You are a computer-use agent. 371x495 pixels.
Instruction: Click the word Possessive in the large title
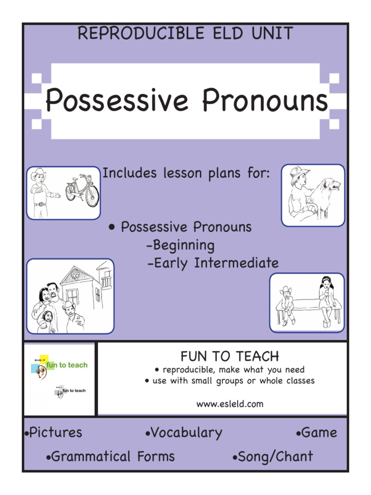click(x=116, y=101)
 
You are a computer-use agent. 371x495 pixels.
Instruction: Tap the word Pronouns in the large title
click(x=265, y=101)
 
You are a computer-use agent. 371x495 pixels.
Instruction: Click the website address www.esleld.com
click(x=229, y=404)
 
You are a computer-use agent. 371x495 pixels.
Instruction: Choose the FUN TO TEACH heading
click(x=229, y=357)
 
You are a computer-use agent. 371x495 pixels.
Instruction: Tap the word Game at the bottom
click(x=319, y=433)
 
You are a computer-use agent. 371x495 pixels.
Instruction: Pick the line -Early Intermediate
click(x=213, y=263)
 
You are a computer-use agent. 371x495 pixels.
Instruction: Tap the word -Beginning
click(x=180, y=246)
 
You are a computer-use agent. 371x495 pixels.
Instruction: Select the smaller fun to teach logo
click(x=70, y=391)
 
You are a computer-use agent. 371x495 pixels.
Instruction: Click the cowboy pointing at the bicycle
click(x=40, y=192)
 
